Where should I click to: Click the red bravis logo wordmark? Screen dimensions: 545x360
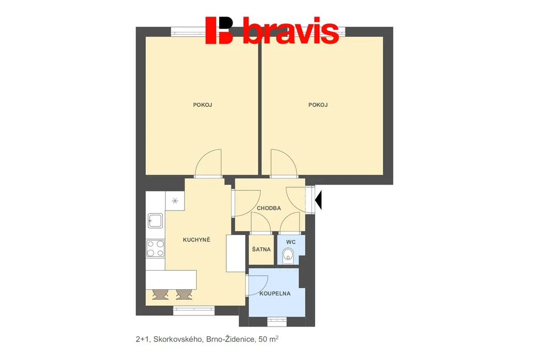(x=272, y=30)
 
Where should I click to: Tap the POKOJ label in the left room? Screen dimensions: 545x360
(x=203, y=105)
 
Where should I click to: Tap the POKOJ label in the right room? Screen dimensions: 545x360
(x=318, y=105)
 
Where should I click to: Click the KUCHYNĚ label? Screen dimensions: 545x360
(x=196, y=239)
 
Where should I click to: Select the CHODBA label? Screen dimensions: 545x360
(x=269, y=208)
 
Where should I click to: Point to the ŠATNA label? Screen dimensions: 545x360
(x=261, y=249)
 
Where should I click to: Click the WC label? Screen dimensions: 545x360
(x=291, y=242)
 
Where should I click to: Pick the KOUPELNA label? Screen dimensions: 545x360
(x=275, y=294)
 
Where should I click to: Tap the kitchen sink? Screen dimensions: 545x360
(x=155, y=221)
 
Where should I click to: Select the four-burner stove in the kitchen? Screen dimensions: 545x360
(x=155, y=248)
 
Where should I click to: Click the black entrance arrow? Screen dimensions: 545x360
(x=318, y=200)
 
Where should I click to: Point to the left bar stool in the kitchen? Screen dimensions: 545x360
(x=160, y=295)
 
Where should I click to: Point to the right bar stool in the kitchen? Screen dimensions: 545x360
(x=184, y=295)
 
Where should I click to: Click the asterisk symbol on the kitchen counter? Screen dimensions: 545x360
(x=175, y=200)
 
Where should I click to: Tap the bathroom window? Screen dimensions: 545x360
(x=277, y=322)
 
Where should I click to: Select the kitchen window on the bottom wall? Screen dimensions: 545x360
(x=194, y=311)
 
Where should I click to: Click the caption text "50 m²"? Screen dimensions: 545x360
(x=269, y=339)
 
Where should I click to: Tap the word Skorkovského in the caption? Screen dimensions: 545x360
(x=178, y=339)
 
